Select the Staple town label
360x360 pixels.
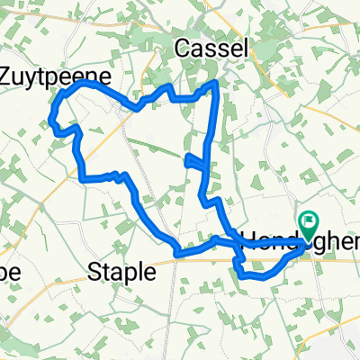coord(120,272)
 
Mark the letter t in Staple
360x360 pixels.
coord(109,272)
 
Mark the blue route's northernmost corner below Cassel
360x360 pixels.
coord(214,83)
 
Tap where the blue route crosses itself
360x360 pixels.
coord(238,244)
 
